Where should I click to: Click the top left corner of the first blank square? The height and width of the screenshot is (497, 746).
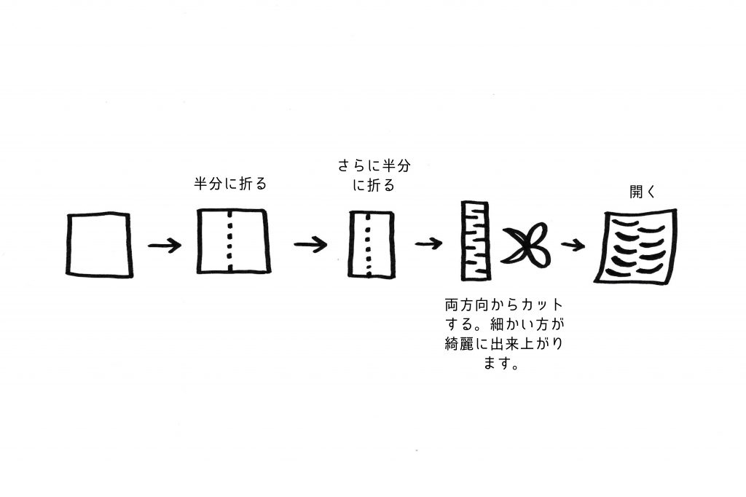[x=68, y=216]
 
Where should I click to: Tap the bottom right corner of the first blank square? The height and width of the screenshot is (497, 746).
[x=131, y=275]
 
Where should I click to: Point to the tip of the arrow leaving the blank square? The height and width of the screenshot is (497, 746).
[x=181, y=246]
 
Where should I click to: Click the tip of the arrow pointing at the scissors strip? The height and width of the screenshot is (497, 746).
[x=442, y=243]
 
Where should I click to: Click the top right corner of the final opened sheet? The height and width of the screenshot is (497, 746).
[x=675, y=211]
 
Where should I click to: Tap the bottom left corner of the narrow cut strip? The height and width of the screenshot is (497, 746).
[x=463, y=279]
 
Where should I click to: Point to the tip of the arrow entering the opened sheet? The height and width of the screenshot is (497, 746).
[x=585, y=246]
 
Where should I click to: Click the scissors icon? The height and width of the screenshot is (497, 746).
[x=526, y=245]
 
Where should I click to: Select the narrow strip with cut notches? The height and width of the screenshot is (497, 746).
[x=475, y=241]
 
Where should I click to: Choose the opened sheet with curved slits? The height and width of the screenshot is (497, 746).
[x=635, y=246]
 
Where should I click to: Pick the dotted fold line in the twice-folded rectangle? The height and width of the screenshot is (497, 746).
[x=368, y=244]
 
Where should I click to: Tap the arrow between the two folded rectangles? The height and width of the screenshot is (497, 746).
[x=310, y=245]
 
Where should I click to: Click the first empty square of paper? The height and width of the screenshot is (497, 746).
[x=99, y=245]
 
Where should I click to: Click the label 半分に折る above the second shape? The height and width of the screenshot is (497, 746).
[x=230, y=184]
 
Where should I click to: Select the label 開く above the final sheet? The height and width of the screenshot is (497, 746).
[x=643, y=192]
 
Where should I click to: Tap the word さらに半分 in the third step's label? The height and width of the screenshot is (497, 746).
[x=374, y=165]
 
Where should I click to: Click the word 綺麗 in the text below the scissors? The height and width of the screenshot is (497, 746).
[x=460, y=344]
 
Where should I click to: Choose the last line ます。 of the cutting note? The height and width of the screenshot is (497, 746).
[x=501, y=363]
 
